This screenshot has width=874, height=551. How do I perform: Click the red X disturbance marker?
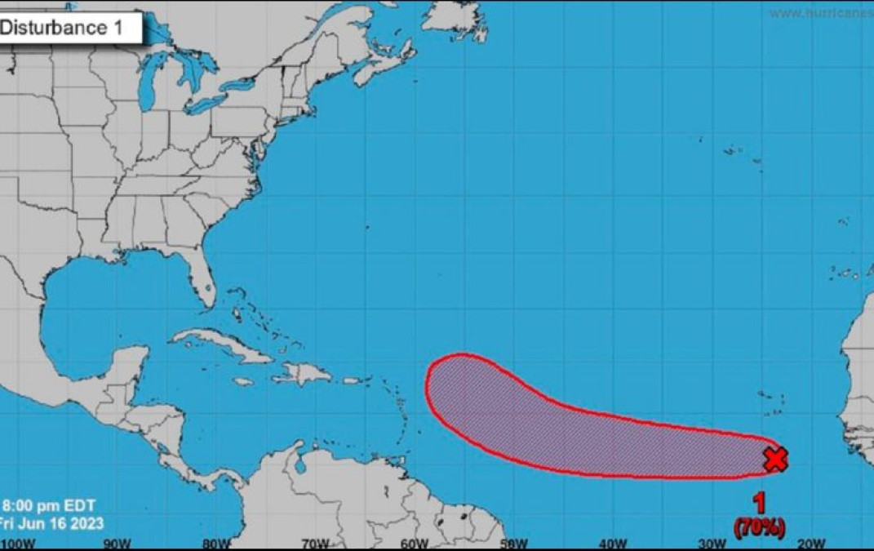(775, 460)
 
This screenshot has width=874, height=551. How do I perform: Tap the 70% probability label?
(760, 528)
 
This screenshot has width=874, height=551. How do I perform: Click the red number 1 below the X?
(760, 503)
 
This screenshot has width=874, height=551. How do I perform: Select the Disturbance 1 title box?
(69, 29)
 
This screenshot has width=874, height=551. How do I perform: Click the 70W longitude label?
(315, 544)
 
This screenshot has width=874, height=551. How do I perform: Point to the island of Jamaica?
(243, 381)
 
